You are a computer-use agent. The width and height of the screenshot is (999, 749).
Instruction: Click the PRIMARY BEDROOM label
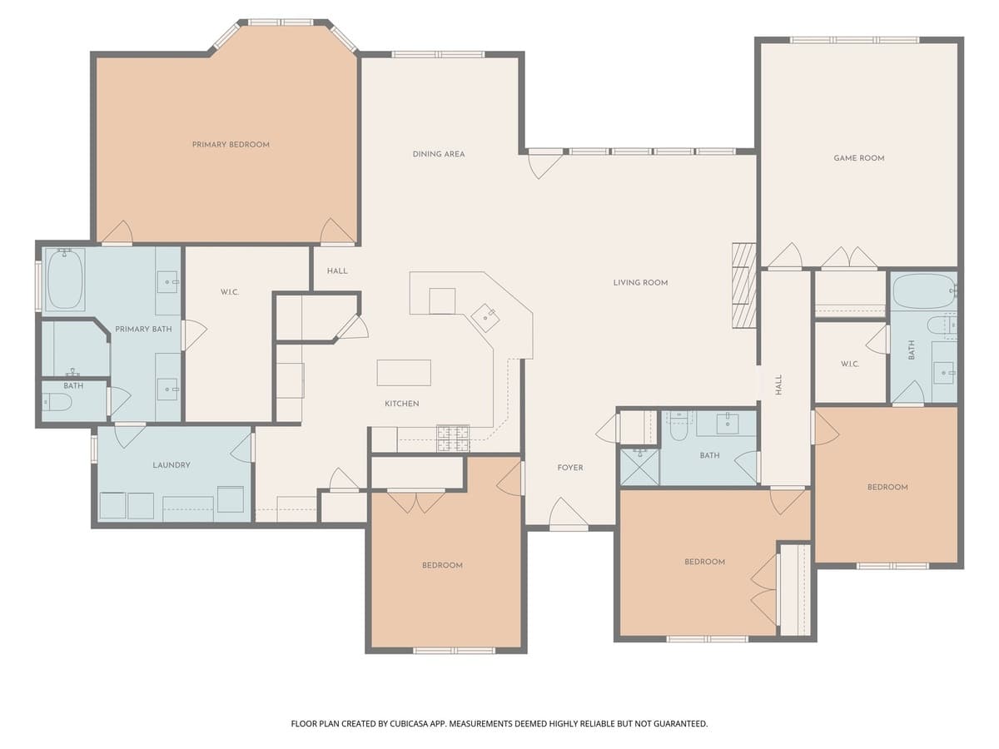click(x=231, y=145)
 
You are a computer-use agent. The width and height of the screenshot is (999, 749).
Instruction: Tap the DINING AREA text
click(x=439, y=154)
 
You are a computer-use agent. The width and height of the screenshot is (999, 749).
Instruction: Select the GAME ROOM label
click(x=859, y=158)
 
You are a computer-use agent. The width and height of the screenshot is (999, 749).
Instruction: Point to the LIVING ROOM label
click(x=640, y=283)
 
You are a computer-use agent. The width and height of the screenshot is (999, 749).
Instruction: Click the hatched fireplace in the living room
click(x=743, y=285)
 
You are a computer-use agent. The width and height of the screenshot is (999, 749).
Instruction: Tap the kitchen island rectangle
click(x=404, y=372)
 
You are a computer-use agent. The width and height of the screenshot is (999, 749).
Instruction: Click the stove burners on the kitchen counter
click(x=453, y=433)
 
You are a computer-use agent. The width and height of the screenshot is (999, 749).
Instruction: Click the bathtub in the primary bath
click(x=64, y=278)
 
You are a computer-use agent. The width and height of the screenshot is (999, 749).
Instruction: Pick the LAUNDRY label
click(x=171, y=465)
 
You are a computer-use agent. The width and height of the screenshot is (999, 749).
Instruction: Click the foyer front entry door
click(x=569, y=515)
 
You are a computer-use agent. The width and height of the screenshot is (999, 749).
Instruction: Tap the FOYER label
click(x=570, y=468)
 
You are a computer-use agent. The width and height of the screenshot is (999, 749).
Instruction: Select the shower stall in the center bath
click(x=639, y=467)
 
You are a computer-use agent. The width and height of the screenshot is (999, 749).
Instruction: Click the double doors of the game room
click(x=849, y=259)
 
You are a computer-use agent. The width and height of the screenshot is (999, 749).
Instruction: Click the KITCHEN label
click(x=401, y=404)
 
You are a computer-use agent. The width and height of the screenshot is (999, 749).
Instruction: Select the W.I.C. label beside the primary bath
click(x=230, y=292)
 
